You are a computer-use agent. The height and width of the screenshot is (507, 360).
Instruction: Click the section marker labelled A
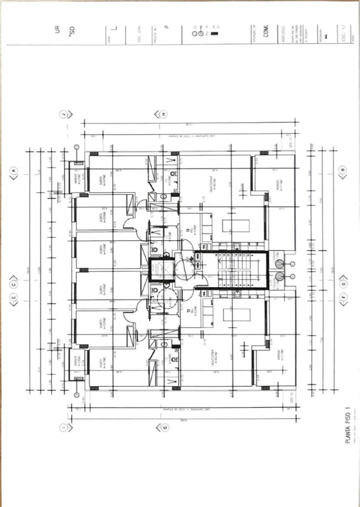tap(13, 170)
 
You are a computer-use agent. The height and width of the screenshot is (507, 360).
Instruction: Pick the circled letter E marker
tap(13, 297)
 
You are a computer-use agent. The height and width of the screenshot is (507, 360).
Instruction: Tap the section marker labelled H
tap(164, 114)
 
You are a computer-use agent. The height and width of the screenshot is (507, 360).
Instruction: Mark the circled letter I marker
tap(64, 428)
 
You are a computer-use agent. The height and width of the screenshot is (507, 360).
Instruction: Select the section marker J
tap(64, 114)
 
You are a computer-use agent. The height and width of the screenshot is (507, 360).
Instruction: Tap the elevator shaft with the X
tap(162, 270)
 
